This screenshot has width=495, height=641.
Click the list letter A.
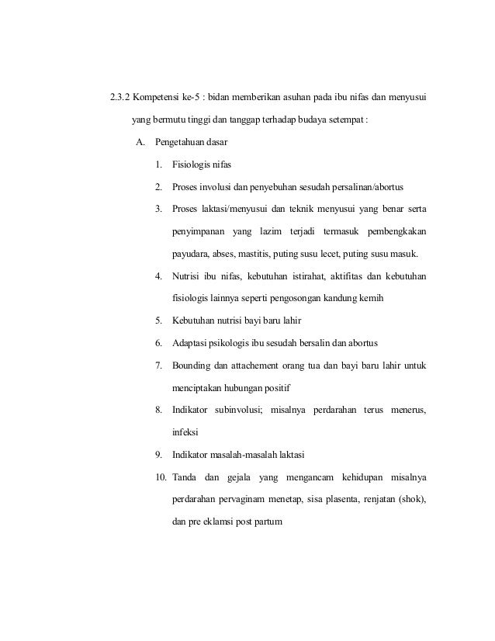point(140,143)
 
